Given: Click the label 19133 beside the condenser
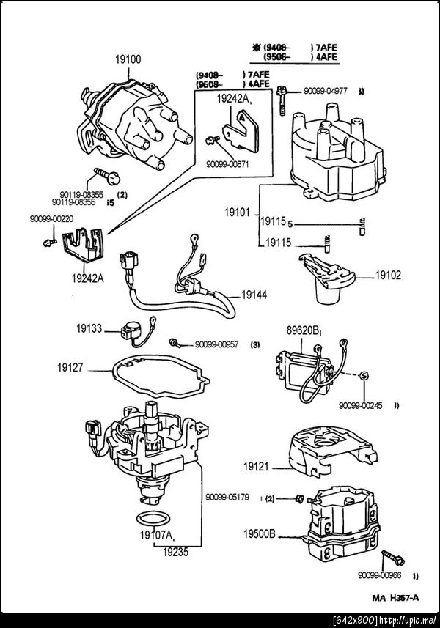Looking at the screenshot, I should [x=91, y=330].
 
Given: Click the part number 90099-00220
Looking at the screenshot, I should [x=51, y=218].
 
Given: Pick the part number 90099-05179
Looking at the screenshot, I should [x=227, y=497].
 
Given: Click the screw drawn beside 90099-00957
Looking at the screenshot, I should [x=175, y=343].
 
